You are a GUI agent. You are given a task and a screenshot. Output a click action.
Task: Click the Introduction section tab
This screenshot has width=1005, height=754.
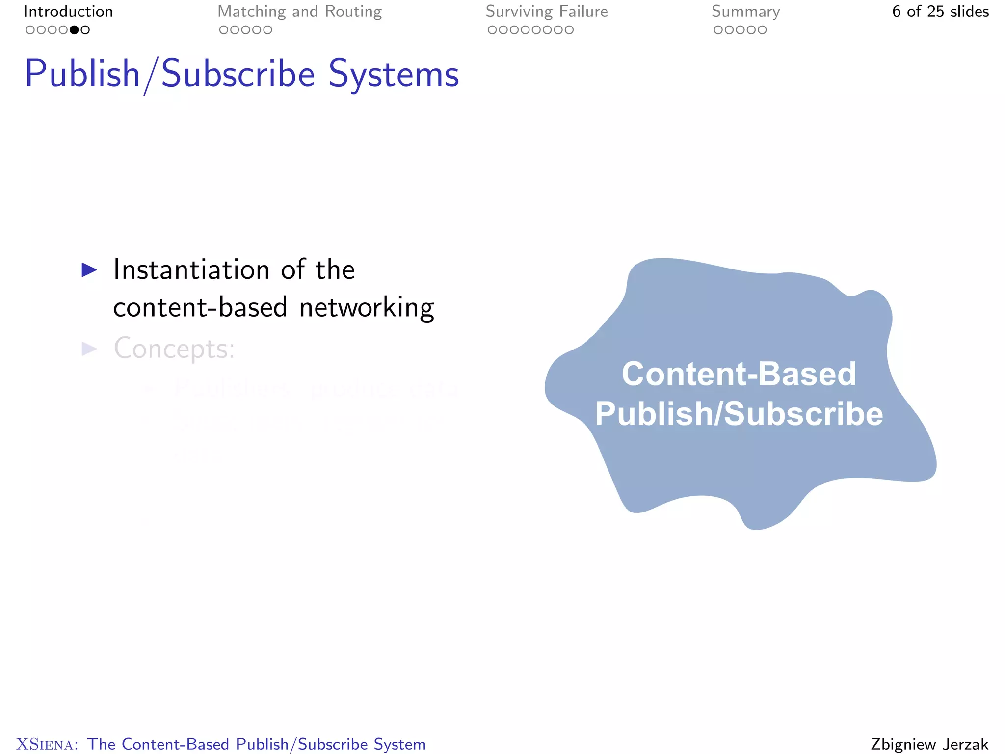click(x=68, y=11)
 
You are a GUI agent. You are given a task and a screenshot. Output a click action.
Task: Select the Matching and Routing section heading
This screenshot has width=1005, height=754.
click(x=299, y=11)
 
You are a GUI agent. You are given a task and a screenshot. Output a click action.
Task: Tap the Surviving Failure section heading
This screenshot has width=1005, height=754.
click(x=547, y=11)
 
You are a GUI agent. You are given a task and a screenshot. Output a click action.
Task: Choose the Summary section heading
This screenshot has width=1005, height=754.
click(x=745, y=11)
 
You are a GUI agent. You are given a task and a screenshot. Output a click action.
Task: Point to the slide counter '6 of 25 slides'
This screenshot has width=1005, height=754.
click(x=940, y=11)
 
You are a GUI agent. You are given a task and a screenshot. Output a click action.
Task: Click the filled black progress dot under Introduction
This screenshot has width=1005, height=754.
click(x=74, y=30)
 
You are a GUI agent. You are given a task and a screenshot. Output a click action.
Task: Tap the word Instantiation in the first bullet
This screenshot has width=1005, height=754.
click(x=191, y=269)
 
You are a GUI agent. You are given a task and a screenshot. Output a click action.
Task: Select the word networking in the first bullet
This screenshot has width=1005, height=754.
click(x=367, y=308)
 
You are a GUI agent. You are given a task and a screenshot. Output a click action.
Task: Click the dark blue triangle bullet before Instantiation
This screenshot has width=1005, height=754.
click(x=89, y=269)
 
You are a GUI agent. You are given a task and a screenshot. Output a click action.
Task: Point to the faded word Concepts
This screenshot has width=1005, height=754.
click(x=174, y=349)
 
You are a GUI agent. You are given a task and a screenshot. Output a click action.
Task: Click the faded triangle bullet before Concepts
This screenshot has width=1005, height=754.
click(x=89, y=349)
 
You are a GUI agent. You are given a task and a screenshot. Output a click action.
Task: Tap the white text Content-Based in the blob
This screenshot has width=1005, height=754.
click(x=739, y=374)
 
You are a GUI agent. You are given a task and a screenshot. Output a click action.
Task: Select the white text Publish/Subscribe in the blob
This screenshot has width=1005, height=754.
click(x=739, y=413)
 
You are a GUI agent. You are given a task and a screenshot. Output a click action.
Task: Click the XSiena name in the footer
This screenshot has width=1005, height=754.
click(x=47, y=744)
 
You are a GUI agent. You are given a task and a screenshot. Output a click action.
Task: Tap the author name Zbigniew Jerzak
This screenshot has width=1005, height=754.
click(x=929, y=744)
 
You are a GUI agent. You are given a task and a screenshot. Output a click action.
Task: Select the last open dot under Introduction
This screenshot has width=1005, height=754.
click(x=85, y=30)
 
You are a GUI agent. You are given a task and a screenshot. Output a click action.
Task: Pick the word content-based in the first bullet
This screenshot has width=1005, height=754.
click(x=200, y=308)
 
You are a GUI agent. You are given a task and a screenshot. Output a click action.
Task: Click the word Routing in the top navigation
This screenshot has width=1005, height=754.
click(x=353, y=11)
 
